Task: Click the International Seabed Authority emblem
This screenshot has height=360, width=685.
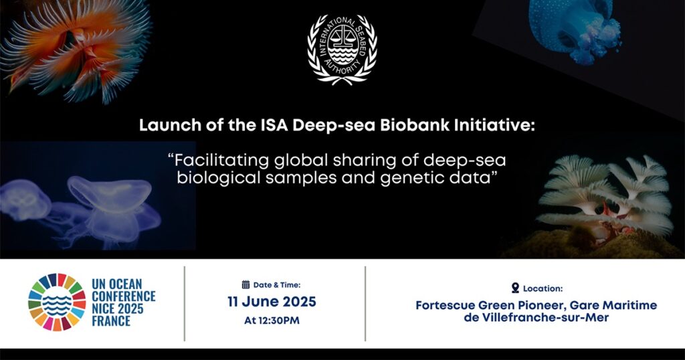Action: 342,49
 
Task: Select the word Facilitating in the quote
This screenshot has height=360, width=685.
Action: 222,161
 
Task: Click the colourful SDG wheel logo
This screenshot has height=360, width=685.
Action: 57,302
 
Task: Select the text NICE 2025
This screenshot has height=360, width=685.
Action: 118,309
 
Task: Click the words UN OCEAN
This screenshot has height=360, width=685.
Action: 117,284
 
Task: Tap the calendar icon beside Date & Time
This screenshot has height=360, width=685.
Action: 246,285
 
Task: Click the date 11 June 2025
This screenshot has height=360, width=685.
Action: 272,302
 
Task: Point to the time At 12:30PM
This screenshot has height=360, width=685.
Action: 272,321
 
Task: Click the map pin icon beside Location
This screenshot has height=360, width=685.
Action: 516,288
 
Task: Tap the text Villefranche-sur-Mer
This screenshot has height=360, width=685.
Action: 545,317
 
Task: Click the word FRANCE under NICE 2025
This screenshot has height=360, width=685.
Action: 111,321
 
